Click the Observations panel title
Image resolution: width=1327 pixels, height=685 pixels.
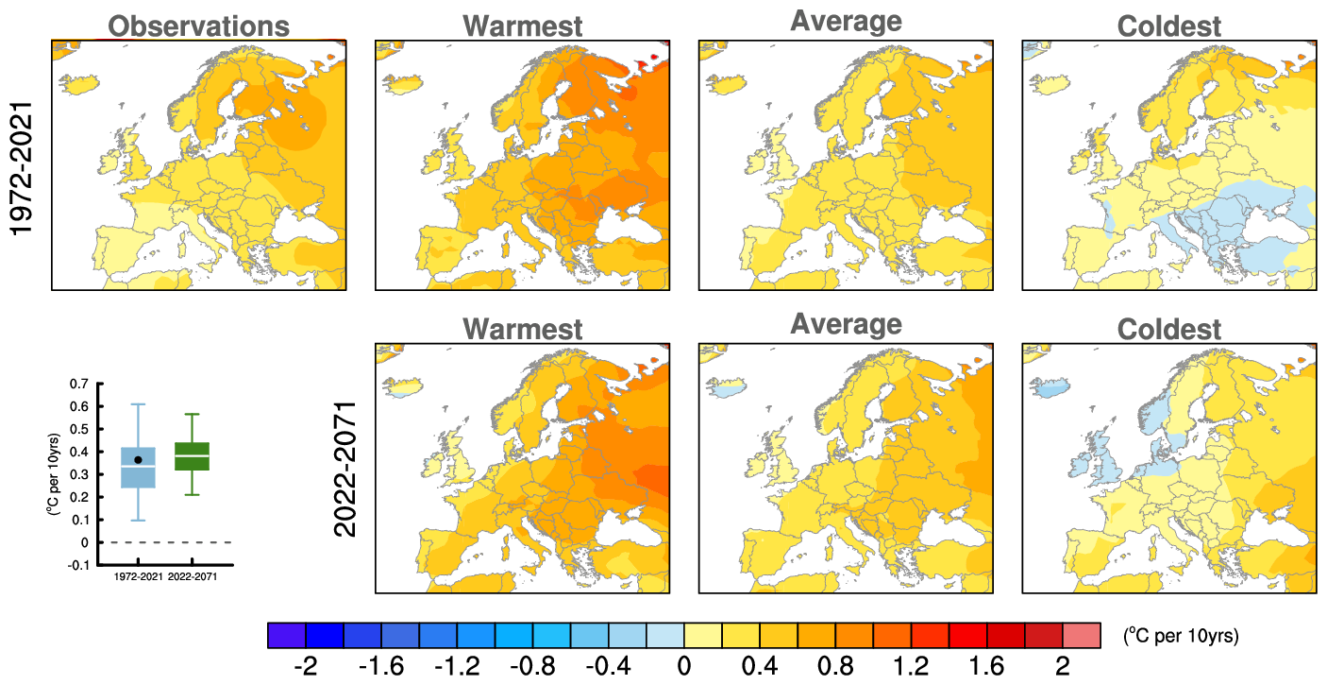(198, 26)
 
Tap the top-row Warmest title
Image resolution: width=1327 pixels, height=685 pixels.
(522, 26)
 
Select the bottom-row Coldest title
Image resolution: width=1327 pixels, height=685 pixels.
(1168, 329)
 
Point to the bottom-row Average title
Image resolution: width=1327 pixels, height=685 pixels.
(845, 324)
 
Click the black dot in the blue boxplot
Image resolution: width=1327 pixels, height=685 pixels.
(138, 459)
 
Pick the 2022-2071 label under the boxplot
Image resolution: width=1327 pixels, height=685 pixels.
(193, 576)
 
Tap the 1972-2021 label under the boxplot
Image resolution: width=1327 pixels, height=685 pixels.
(138, 576)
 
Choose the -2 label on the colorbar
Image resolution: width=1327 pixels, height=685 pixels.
(305, 666)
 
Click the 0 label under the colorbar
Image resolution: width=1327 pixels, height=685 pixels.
(684, 666)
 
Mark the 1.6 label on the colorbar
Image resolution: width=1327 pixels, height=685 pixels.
(986, 666)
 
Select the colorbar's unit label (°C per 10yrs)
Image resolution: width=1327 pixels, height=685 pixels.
(1180, 636)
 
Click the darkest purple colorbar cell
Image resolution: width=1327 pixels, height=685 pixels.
(287, 635)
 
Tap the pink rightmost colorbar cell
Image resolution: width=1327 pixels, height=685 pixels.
(1082, 635)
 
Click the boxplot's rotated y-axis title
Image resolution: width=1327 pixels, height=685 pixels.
(54, 473)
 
